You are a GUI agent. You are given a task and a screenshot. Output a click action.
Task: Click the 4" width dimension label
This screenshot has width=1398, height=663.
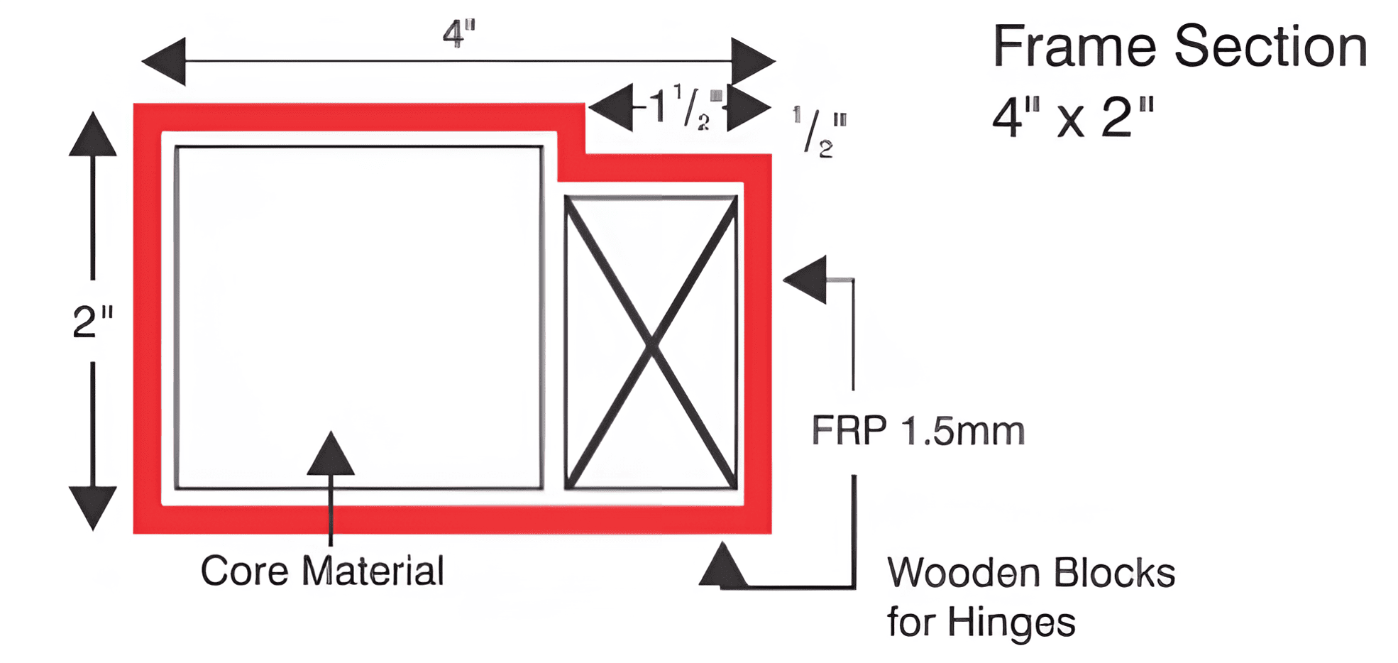[x=458, y=33]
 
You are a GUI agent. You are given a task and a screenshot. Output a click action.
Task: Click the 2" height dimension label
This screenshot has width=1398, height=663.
[x=93, y=322]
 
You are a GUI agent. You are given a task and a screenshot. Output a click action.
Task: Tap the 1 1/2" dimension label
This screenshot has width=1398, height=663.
[x=681, y=107]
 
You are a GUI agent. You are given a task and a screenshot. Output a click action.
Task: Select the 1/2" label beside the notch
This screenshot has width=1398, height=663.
[x=820, y=131]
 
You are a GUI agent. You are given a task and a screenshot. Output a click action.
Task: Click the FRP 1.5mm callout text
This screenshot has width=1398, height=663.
[x=918, y=431]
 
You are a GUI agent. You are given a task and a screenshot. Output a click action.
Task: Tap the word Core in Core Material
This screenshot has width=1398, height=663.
[x=244, y=571]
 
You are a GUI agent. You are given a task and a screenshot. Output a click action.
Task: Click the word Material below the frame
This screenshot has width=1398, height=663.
[x=373, y=571]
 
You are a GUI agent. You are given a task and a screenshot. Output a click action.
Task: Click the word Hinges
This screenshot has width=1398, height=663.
[x=1012, y=623]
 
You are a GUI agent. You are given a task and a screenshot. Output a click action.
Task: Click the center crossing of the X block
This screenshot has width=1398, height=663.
[x=651, y=344]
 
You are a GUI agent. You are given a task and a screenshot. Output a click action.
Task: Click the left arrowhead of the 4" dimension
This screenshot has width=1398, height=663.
[x=164, y=61]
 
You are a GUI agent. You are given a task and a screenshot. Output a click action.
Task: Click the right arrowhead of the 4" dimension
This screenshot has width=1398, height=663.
[x=754, y=61]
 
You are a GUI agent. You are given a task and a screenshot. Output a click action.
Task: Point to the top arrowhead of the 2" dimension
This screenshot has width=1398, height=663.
[x=93, y=133]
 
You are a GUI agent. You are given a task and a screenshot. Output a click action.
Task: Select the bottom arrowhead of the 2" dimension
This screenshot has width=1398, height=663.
[x=93, y=508]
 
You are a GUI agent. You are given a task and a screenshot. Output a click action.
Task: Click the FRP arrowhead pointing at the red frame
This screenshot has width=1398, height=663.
[x=805, y=280]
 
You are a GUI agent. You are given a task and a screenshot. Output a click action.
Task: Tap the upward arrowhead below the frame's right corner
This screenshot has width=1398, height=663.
[x=723, y=565]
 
